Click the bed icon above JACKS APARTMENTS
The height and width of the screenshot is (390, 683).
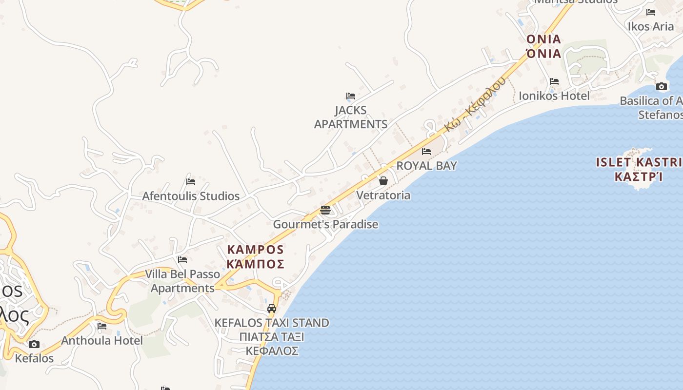point(351,96)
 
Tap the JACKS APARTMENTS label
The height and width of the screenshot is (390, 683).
point(351,117)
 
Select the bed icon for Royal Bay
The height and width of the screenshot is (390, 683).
point(426,152)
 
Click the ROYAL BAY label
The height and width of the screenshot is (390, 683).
point(426,166)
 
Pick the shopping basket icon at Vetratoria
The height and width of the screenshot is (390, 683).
point(383,181)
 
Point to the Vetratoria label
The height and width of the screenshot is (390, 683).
point(383,195)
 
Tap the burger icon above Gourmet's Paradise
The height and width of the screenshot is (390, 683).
point(325,210)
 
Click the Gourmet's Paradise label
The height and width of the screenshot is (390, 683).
point(325,225)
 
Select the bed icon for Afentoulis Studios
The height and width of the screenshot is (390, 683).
point(191,182)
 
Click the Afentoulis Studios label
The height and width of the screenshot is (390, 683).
point(191,196)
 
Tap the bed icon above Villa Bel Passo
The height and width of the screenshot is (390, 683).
point(182,260)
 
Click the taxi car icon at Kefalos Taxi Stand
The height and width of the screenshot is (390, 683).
point(272,309)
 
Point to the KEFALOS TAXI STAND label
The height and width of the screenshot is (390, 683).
point(272,323)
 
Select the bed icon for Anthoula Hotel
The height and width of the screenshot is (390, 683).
point(102,326)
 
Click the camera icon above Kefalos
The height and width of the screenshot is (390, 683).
point(34,344)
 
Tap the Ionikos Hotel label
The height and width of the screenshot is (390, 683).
point(554,96)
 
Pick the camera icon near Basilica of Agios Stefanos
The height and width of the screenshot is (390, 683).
point(662,87)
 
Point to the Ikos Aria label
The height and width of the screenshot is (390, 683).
point(651,26)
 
